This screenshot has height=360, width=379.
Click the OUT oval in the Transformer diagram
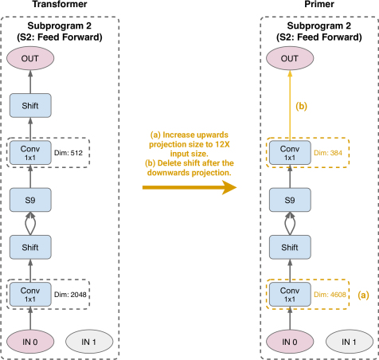(30, 58)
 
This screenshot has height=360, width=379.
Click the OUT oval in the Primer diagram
(290, 58)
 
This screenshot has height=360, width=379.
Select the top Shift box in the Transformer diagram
(30, 105)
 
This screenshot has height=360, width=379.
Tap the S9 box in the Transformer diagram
(30, 200)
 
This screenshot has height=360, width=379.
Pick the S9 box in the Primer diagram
(290, 200)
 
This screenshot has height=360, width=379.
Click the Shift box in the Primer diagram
(290, 247)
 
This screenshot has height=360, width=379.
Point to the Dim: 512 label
(68, 153)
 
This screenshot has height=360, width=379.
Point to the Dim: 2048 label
(70, 295)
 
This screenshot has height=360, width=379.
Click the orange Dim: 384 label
(328, 153)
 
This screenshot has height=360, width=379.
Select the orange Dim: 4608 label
(330, 295)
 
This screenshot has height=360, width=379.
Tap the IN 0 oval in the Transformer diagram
(30, 342)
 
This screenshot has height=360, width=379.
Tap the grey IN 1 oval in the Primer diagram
(350, 342)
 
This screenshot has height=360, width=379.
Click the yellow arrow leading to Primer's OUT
(290, 105)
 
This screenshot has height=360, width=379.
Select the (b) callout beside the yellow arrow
(302, 106)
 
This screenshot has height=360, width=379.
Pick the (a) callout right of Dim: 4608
(363, 295)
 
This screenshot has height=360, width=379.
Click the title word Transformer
(60, 4)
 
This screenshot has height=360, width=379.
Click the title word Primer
(319, 4)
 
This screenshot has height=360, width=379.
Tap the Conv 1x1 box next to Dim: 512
(30, 153)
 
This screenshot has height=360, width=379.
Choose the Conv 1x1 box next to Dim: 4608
(290, 295)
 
